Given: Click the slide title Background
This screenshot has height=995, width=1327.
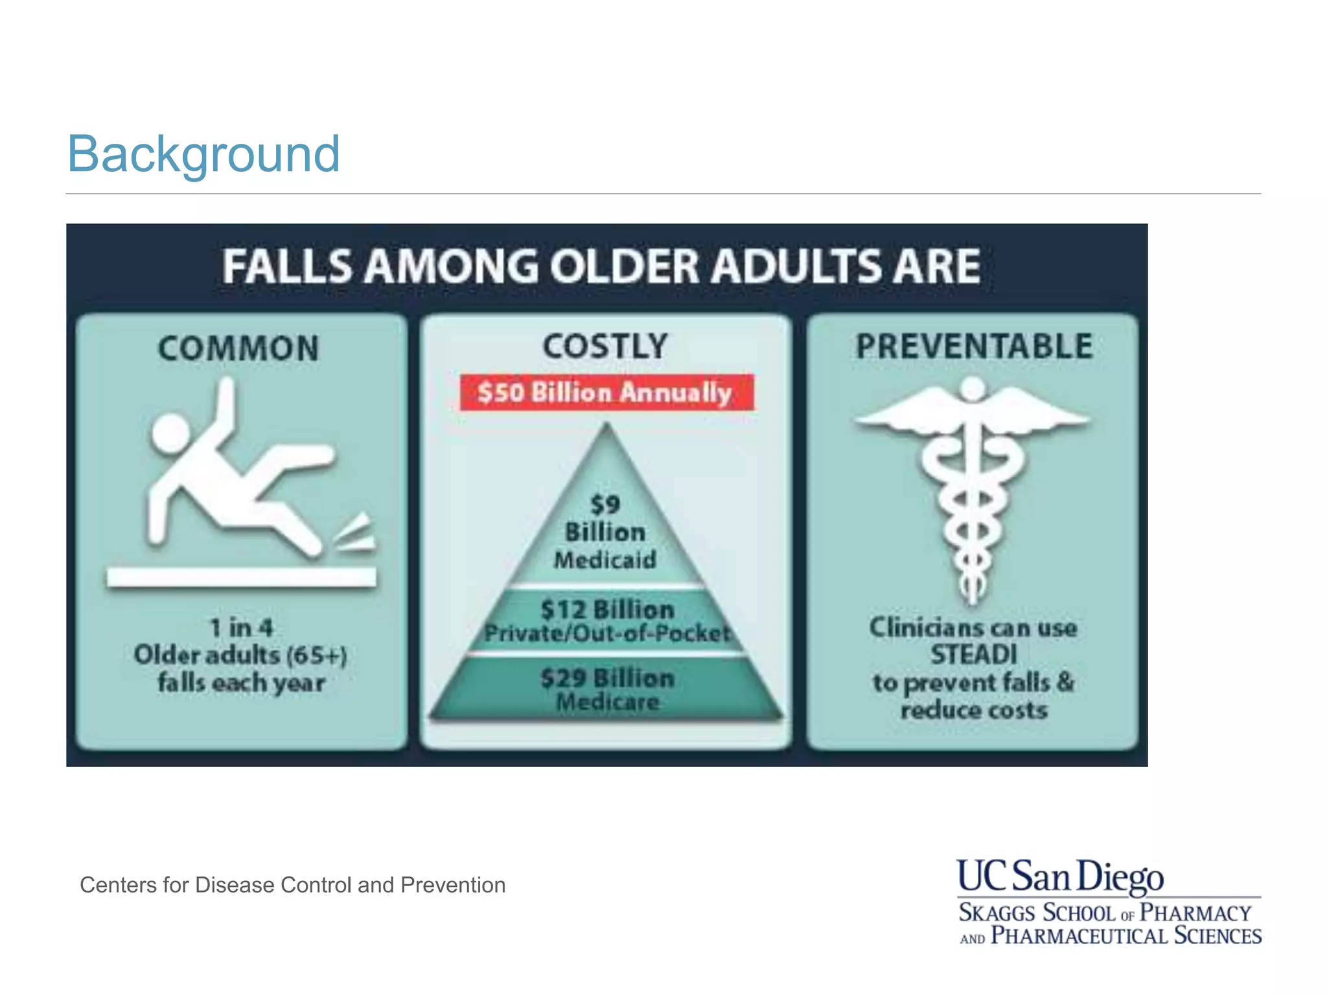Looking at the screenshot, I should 203,154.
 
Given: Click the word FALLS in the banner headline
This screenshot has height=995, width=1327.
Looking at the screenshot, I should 287,267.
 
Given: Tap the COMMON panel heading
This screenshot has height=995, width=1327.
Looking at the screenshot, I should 239,349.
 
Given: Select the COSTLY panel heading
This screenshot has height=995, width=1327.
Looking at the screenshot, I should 605,346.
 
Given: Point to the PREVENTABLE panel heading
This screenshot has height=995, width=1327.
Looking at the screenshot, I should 974,346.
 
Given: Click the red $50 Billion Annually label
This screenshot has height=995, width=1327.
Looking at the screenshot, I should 606,393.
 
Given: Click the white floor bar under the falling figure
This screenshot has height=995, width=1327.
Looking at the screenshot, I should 241,577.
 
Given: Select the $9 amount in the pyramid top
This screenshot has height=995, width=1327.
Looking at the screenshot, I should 605,505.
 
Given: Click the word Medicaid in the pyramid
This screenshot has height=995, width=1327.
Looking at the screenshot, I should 605,560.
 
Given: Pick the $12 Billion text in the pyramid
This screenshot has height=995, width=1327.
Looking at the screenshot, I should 607,610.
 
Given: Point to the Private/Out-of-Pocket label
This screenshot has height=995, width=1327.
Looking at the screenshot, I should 607,633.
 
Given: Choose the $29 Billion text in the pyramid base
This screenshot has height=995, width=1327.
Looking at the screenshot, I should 608,678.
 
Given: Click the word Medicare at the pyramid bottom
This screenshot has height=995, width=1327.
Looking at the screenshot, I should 608,702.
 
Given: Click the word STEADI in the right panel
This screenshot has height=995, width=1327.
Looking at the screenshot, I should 974,655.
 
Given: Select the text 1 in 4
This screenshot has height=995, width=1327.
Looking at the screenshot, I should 241,627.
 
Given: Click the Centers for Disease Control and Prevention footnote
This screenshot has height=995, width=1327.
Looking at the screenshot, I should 292,885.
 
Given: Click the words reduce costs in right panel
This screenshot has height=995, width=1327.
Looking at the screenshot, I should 974,710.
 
